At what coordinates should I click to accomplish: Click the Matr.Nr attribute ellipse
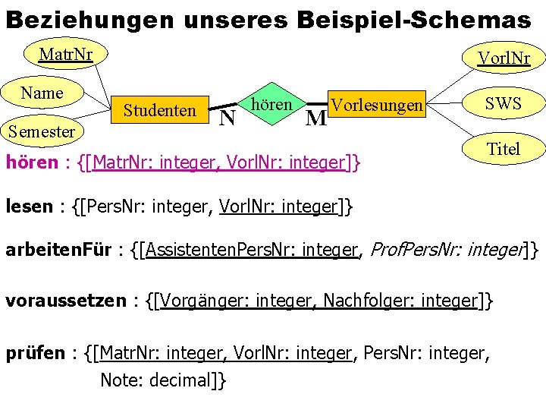point(65,54)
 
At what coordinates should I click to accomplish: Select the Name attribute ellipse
point(42,93)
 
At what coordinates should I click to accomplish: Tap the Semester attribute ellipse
point(42,131)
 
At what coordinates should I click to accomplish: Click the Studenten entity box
point(160,111)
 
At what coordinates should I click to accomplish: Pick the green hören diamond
point(271,104)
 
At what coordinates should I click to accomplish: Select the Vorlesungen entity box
point(377,106)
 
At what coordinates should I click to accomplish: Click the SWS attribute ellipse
point(504,102)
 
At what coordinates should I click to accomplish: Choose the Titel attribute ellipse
point(504,149)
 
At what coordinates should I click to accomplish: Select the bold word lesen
point(30,206)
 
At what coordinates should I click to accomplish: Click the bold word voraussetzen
point(65,301)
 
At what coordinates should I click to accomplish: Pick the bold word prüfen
point(35,352)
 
